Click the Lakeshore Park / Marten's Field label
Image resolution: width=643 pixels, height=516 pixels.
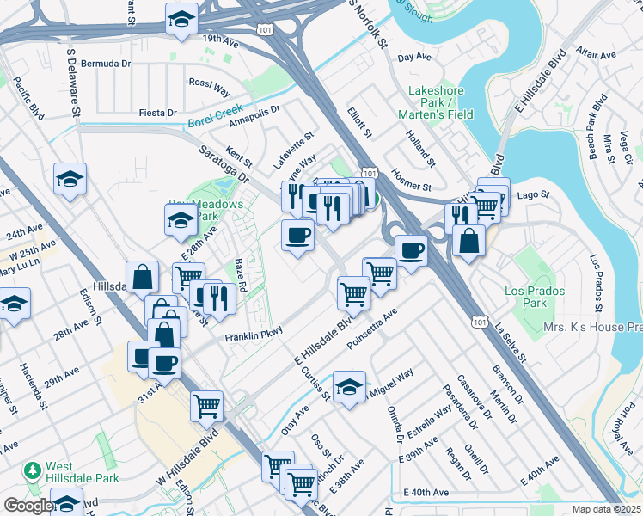tap(436, 102)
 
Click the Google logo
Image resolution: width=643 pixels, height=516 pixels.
tap(28, 506)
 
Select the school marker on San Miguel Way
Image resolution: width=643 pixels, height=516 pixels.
tap(349, 388)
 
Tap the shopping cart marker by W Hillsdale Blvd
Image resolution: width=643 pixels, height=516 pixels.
tap(206, 405)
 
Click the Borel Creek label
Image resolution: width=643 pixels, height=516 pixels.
tap(216, 113)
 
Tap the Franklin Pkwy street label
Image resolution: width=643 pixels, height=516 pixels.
tap(254, 336)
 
